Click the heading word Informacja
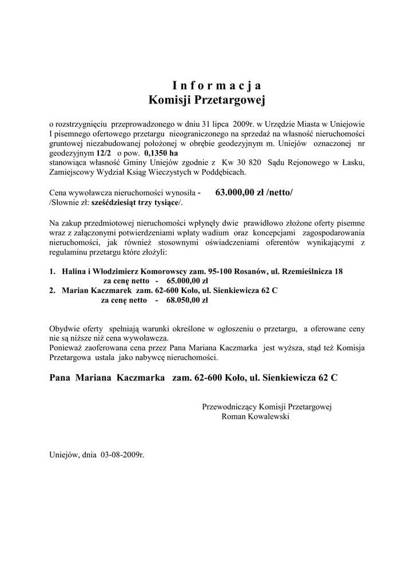pos(217,86)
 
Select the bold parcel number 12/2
pos(105,154)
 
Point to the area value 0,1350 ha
pos(161,154)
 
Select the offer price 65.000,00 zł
pos(188,282)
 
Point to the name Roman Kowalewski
pos(255,416)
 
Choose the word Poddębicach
pos(223,172)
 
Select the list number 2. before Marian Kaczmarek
pos(52,290)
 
